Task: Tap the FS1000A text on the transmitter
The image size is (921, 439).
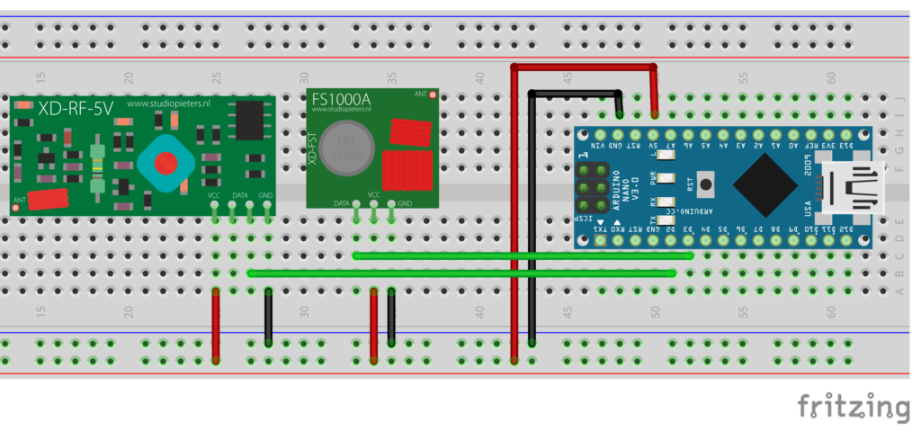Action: [341, 97]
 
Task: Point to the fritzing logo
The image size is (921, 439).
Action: [853, 406]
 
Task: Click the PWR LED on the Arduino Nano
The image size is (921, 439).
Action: [666, 176]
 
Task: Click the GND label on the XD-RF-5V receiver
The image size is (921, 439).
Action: [265, 195]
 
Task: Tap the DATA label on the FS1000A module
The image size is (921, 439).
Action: [341, 204]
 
